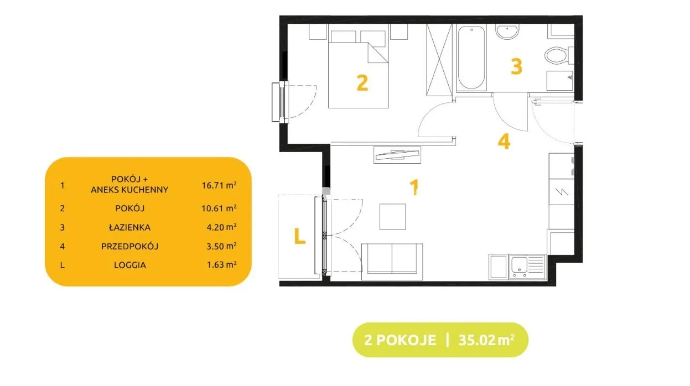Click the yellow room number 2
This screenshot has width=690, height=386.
[362, 83]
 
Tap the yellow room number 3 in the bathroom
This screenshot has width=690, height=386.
[517, 66]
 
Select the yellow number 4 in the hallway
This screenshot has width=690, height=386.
[504, 142]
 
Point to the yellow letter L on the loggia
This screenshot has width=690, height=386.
[300, 236]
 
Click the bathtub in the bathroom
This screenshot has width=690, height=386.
[471, 58]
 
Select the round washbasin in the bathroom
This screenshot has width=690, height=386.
[507, 32]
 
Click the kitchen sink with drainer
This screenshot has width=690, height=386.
[527, 267]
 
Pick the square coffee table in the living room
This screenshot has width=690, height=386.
[392, 217]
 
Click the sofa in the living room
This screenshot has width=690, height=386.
[392, 262]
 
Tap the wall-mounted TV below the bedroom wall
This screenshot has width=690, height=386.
[397, 154]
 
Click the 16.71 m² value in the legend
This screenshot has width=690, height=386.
[219, 185]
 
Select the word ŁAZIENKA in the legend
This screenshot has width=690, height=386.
[129, 227]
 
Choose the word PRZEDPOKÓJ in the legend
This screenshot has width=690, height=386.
[129, 246]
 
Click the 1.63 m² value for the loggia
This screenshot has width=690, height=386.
[221, 265]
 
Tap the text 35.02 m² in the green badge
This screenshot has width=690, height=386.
[486, 340]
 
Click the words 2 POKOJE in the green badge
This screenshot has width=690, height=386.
[400, 340]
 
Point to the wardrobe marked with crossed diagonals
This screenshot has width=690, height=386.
[439, 60]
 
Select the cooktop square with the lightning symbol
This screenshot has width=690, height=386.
[562, 192]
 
